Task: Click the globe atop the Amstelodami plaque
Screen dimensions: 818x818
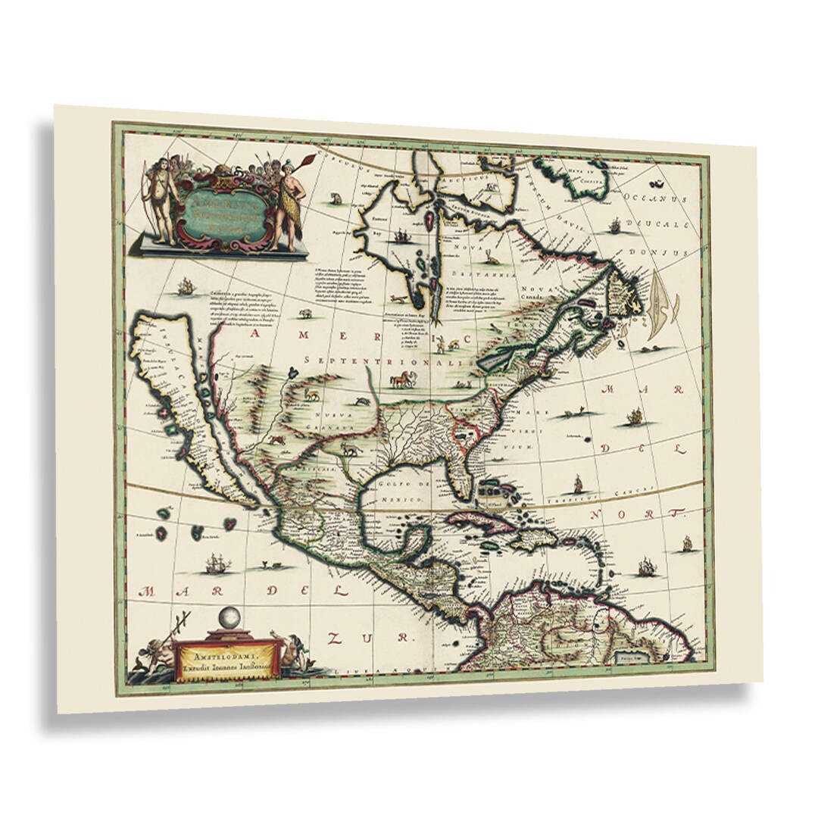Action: pyautogui.click(x=228, y=619)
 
